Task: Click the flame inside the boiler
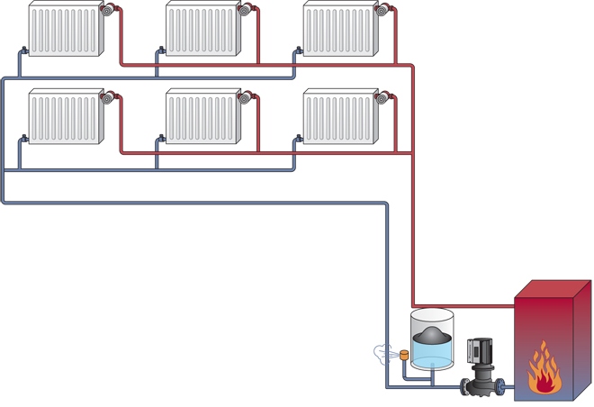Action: point(543,372)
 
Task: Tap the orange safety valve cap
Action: point(405,354)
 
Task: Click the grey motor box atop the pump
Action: point(478,350)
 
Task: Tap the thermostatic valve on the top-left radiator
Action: point(107,11)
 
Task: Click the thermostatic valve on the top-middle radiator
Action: point(244,11)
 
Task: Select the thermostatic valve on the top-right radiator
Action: point(382,11)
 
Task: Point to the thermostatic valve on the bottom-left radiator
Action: point(107,97)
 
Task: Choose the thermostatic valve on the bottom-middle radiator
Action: point(244,97)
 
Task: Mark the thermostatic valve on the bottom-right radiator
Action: point(382,97)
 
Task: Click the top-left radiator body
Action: point(63,29)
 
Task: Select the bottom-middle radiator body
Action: point(200,116)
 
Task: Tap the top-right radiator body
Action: point(337,29)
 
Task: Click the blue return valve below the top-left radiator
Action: point(23,51)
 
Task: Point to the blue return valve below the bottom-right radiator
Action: point(298,139)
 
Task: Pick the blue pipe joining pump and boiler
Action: point(509,387)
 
